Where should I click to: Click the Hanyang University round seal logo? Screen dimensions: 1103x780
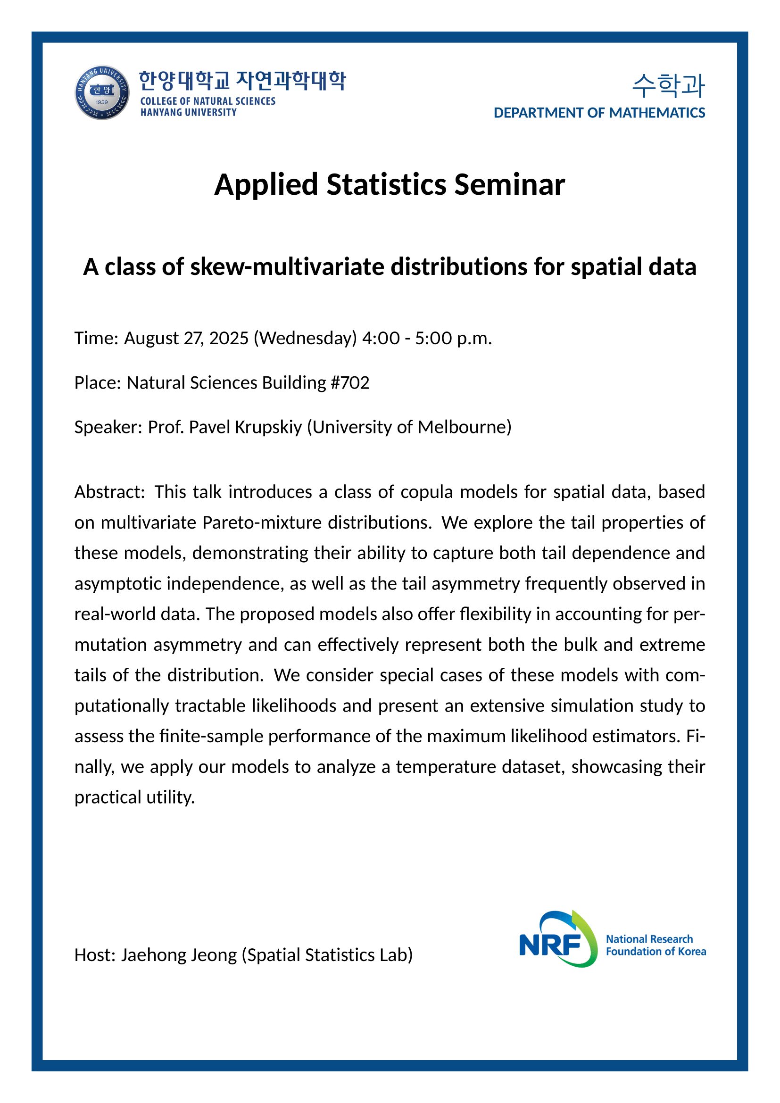coord(102,93)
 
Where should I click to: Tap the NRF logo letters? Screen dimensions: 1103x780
coord(550,945)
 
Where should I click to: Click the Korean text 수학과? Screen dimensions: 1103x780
coord(669,85)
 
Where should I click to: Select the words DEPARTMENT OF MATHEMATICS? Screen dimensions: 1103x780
coord(599,113)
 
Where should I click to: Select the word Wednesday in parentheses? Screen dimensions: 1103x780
coord(305,338)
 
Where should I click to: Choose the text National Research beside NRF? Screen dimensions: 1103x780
coord(649,939)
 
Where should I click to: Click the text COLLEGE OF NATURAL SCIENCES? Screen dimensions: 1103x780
coord(207,101)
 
